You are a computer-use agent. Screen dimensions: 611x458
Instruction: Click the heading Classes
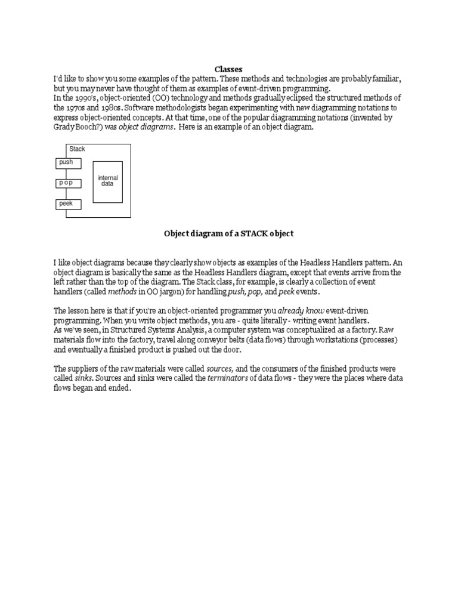click(228, 69)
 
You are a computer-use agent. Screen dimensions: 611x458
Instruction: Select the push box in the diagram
click(69, 162)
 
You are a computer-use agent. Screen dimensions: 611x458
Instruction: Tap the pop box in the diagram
click(69, 183)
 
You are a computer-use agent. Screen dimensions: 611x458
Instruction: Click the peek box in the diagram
click(69, 205)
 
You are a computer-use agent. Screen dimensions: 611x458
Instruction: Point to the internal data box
click(108, 181)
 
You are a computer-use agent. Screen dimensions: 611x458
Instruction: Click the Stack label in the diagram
click(77, 149)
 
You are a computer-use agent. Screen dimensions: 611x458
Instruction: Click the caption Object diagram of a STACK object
click(229, 234)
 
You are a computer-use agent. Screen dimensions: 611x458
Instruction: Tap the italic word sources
click(219, 369)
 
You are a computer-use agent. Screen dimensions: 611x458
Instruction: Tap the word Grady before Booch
click(64, 127)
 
